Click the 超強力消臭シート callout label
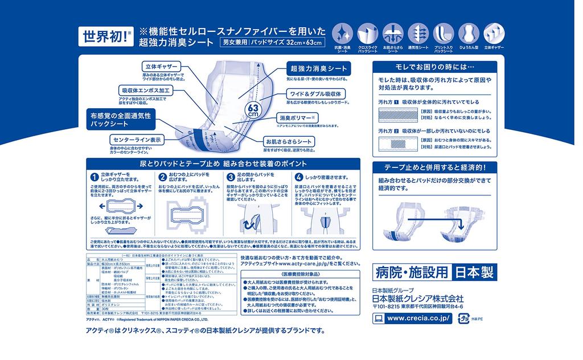[x=317, y=68]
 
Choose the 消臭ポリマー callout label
[x=296, y=117]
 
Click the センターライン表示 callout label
[x=138, y=139]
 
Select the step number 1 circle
[x=95, y=177]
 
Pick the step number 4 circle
[x=299, y=177]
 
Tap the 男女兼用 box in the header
[x=235, y=43]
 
